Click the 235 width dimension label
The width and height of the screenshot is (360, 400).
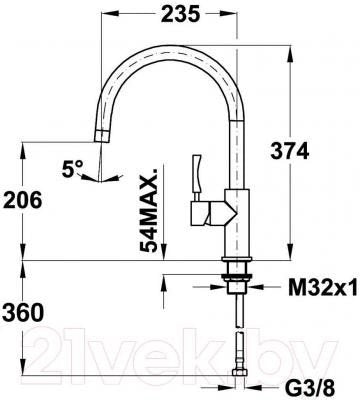tap(180, 14)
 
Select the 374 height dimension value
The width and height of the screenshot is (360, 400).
tap(290, 152)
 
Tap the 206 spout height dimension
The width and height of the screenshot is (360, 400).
tap(22, 200)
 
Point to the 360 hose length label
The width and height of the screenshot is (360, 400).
tap(23, 313)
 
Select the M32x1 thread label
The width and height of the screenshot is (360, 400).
tap(323, 287)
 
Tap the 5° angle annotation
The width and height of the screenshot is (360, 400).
tap(72, 168)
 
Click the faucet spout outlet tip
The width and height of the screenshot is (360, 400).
tap(101, 136)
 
